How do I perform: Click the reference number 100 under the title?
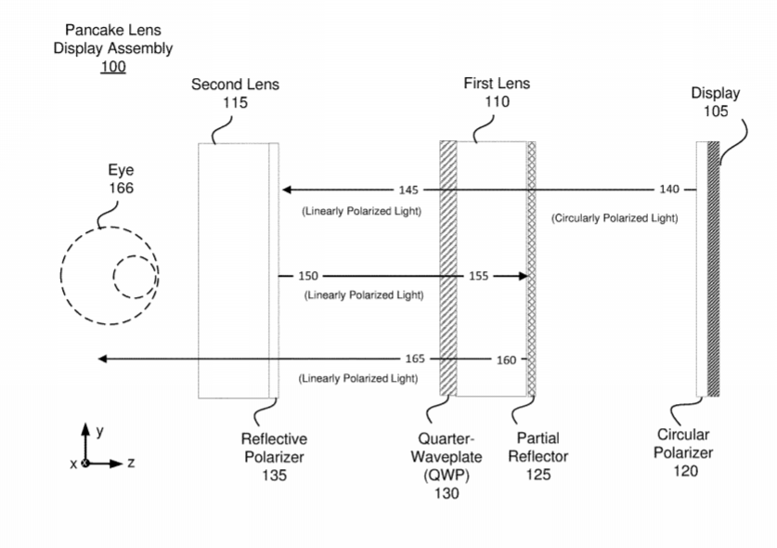(x=112, y=67)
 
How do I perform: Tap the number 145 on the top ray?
(x=408, y=189)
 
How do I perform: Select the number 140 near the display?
(x=668, y=189)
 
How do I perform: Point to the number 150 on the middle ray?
(x=308, y=276)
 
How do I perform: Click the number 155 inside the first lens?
(x=478, y=276)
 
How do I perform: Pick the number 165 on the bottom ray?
(x=415, y=359)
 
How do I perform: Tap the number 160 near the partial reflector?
(x=506, y=359)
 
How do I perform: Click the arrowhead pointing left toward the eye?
(x=104, y=359)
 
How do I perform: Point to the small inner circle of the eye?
(x=135, y=277)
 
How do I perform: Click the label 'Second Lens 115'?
(x=235, y=93)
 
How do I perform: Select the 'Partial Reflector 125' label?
(x=537, y=456)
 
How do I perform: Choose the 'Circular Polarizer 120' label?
(x=682, y=452)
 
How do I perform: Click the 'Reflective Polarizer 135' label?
(x=274, y=457)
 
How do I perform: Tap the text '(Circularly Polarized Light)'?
(x=614, y=218)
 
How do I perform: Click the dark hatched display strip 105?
(x=713, y=269)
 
